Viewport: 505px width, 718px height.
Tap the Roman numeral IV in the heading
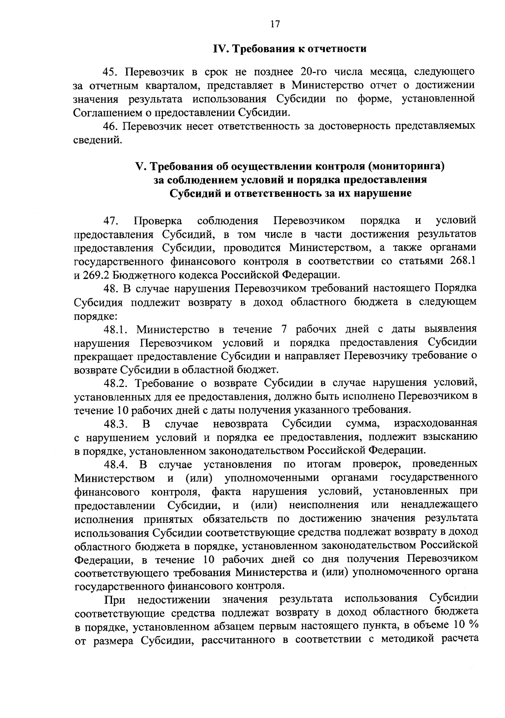(x=220, y=49)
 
